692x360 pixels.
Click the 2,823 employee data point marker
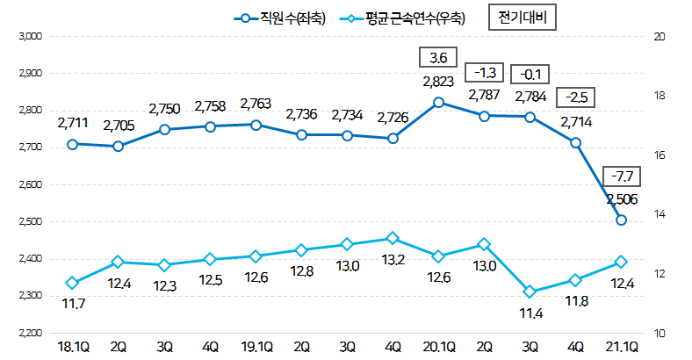click(438, 102)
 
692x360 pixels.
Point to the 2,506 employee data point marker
click(621, 220)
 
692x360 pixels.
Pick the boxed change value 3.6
click(438, 59)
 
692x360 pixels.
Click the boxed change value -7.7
click(621, 176)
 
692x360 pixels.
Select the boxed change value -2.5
click(576, 96)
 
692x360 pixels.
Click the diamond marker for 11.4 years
click(530, 292)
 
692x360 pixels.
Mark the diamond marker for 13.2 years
click(393, 238)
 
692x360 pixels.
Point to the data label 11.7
click(73, 303)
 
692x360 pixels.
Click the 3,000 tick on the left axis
click(30, 37)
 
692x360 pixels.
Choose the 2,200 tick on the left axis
click(30, 334)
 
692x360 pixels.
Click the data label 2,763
click(256, 104)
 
